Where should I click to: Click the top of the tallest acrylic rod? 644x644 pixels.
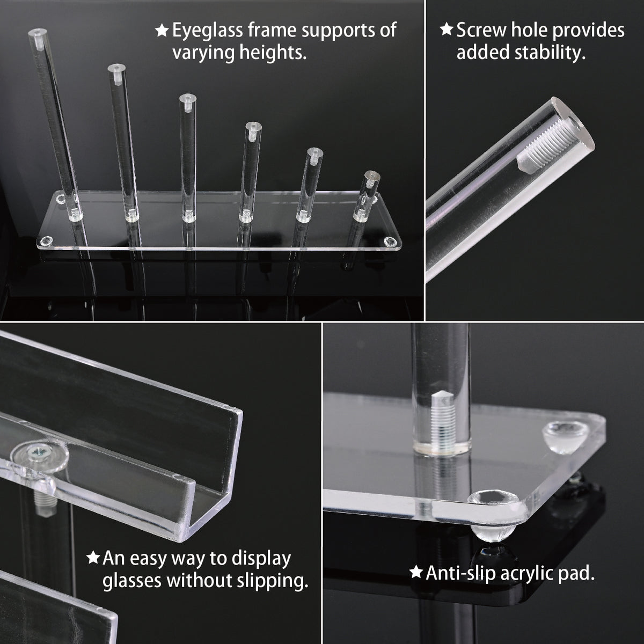[37, 32]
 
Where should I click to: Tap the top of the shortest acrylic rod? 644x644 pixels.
[372, 174]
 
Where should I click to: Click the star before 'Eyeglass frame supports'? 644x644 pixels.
[162, 31]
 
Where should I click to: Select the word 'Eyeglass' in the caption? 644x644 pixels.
[208, 31]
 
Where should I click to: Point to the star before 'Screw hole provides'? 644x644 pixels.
[447, 30]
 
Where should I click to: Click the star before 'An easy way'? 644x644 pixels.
[93, 558]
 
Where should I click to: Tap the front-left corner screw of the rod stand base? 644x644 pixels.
[47, 240]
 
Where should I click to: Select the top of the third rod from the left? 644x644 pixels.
[187, 98]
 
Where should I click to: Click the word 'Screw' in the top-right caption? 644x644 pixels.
[481, 31]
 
